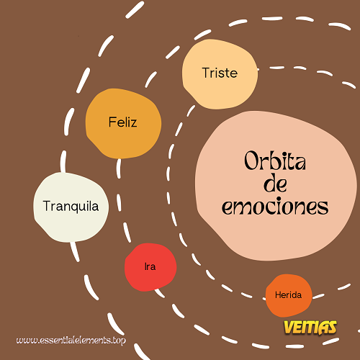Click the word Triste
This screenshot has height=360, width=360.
click(220, 73)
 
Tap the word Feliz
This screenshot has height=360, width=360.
click(122, 122)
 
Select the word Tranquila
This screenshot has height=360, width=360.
click(71, 206)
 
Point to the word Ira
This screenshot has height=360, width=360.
click(150, 266)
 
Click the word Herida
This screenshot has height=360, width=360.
click(288, 294)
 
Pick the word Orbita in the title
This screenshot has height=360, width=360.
click(275, 161)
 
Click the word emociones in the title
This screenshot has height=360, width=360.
click(275, 207)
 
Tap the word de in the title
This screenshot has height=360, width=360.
click(275, 184)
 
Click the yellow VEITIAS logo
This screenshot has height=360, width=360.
click(310, 328)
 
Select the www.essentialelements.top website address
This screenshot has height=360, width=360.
click(71, 341)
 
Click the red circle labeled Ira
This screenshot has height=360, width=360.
click(150, 267)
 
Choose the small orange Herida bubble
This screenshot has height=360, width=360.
click(289, 295)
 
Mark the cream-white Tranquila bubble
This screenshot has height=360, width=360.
click(71, 207)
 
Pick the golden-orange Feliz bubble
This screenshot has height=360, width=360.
click(123, 123)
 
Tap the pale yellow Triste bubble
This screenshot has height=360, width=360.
click(220, 74)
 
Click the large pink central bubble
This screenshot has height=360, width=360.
click(276, 186)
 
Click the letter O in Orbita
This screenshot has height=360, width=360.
click(251, 161)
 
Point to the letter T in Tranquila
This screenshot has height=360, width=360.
click(47, 206)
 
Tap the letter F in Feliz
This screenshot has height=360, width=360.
click(112, 122)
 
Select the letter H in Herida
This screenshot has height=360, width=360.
click(278, 294)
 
